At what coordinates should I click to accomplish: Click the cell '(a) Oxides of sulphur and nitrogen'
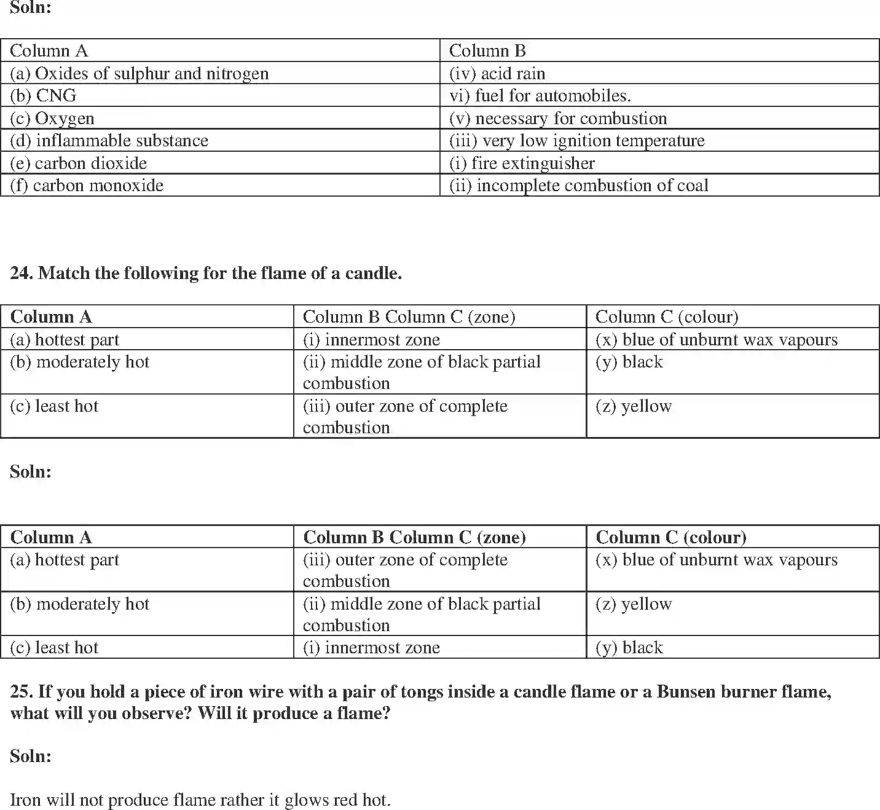pyautogui.click(x=139, y=74)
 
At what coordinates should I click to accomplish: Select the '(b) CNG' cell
pyautogui.click(x=44, y=96)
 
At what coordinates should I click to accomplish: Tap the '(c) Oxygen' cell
pyautogui.click(x=52, y=118)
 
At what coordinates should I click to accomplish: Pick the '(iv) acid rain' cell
pyautogui.click(x=497, y=74)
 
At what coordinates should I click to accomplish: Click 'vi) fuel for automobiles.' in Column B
pyautogui.click(x=540, y=96)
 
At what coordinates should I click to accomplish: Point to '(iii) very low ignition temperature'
pyautogui.click(x=577, y=141)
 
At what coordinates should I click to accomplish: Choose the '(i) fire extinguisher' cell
pyautogui.click(x=522, y=163)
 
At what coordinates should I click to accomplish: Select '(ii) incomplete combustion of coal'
pyautogui.click(x=579, y=186)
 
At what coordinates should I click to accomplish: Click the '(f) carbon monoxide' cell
pyautogui.click(x=87, y=186)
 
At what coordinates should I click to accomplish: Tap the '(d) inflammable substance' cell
pyautogui.click(x=109, y=141)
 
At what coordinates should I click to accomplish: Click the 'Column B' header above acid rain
pyautogui.click(x=487, y=51)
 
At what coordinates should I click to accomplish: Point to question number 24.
pyautogui.click(x=21, y=273)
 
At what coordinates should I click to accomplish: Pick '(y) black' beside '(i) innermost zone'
pyautogui.click(x=629, y=648)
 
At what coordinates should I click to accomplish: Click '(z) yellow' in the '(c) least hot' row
pyautogui.click(x=634, y=406)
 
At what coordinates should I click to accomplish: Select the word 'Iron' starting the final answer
pyautogui.click(x=25, y=800)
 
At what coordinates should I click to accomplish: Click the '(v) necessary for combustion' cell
pyautogui.click(x=558, y=118)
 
